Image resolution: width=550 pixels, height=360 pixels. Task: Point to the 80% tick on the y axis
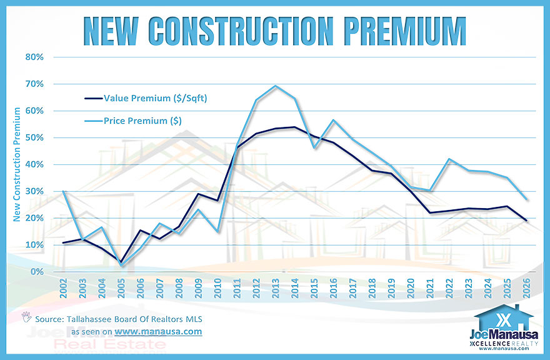34,57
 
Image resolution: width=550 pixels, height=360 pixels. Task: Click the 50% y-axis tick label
34,137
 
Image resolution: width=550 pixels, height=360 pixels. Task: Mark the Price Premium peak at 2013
276,86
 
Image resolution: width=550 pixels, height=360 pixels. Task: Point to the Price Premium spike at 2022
448,159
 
